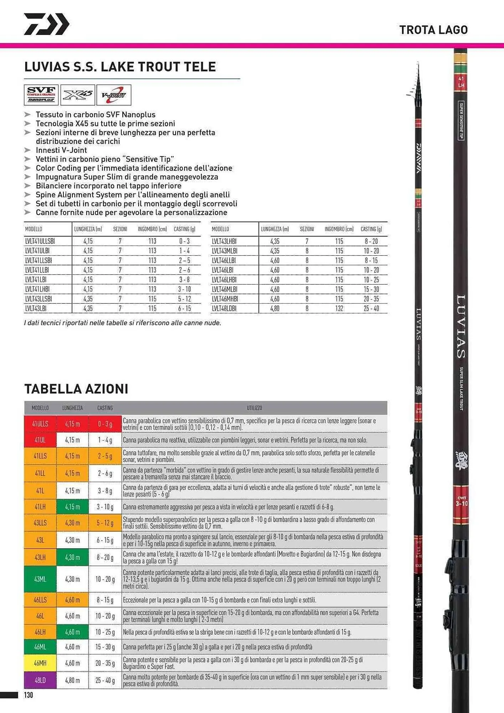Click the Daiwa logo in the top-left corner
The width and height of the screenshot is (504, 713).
[46, 24]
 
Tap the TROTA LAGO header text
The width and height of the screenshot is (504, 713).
[433, 30]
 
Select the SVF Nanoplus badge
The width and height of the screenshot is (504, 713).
[41, 95]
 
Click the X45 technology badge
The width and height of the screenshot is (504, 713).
[78, 95]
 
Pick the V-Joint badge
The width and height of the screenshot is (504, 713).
[114, 95]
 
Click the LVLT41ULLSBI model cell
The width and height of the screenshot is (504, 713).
[40, 241]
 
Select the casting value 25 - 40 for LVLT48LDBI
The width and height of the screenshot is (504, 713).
[371, 308]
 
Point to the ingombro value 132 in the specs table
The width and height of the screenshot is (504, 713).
[339, 308]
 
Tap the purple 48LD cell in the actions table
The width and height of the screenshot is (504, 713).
[40, 680]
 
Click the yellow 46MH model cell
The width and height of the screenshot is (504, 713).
[40, 663]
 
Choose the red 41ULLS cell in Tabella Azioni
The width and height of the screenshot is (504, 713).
[40, 424]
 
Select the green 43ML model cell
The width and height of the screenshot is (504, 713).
[40, 579]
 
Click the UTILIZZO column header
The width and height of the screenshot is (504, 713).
[254, 408]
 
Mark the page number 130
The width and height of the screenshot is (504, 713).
[29, 695]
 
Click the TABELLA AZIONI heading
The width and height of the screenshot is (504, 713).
[76, 389]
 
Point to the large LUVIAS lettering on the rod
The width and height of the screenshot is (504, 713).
[461, 326]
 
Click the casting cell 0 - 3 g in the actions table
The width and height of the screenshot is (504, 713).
[105, 424]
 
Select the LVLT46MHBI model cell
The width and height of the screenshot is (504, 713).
[225, 299]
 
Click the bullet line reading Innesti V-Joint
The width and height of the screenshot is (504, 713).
[61, 150]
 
